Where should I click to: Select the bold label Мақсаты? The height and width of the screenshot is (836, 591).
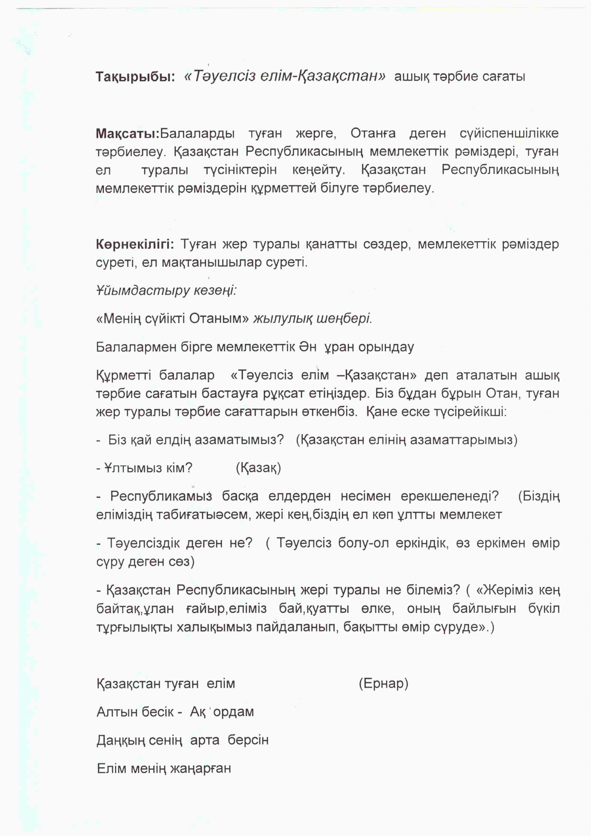pos(128,134)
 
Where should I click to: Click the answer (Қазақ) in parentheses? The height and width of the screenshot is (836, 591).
pos(258,468)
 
